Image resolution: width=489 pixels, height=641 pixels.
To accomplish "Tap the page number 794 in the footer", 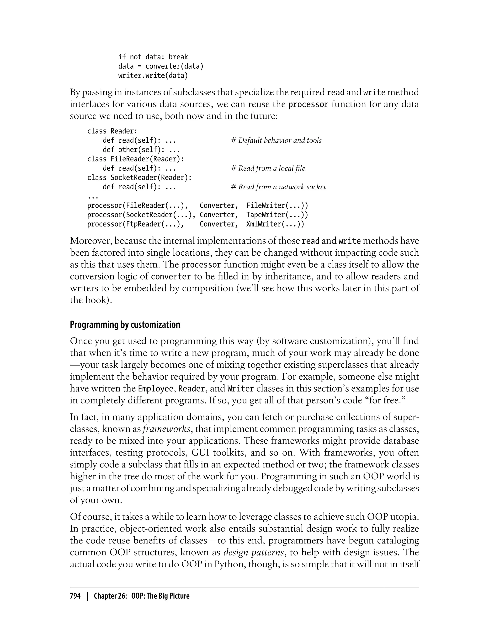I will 75,596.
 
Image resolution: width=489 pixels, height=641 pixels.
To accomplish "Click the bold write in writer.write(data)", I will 155,76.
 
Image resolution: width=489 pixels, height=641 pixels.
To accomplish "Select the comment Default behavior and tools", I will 276,140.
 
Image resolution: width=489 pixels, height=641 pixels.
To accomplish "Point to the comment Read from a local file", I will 268,168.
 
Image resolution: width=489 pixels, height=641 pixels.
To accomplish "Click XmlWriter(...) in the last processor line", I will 275,224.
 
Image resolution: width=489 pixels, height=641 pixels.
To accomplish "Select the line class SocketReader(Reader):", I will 139,178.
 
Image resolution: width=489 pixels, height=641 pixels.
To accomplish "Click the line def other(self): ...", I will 141,150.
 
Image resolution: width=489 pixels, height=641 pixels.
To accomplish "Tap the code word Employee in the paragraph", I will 157,389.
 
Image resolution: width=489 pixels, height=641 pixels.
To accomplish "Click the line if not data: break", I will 153,57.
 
